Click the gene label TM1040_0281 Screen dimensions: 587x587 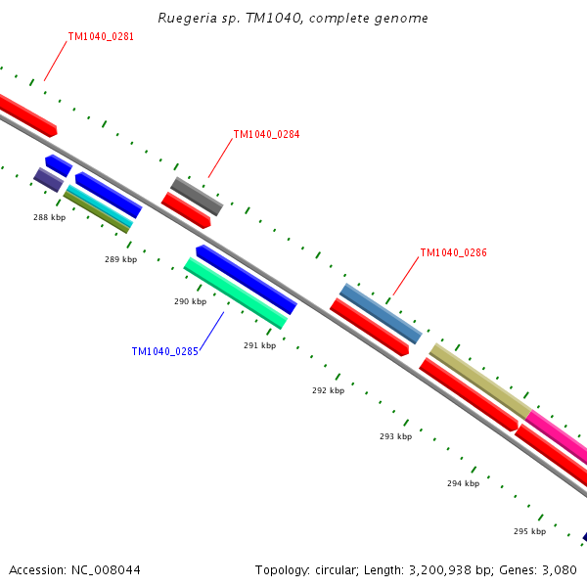click(101, 37)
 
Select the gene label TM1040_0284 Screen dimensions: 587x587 click(266, 135)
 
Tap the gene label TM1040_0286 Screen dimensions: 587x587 click(453, 252)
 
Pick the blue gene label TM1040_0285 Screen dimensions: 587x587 click(164, 351)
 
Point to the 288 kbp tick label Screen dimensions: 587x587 click(49, 217)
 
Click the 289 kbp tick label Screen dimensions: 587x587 click(120, 259)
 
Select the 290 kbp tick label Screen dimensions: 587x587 click(190, 301)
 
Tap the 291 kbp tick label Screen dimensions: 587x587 click(259, 344)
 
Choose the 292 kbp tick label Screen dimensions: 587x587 click(328, 390)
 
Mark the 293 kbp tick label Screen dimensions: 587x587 click(395, 436)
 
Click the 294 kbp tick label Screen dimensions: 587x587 click(463, 483)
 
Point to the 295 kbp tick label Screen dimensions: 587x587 click(529, 531)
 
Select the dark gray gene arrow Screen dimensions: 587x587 click(197, 197)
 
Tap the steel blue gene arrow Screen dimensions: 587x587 click(381, 314)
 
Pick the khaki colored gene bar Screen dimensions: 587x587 click(479, 380)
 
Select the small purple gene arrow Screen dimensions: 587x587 click(48, 180)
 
